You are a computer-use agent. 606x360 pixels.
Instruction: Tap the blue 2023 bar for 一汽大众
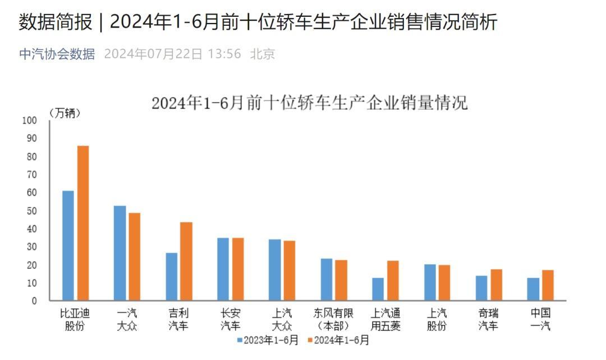pos(120,253)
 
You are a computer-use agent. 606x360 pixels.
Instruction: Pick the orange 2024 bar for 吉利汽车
pos(186,261)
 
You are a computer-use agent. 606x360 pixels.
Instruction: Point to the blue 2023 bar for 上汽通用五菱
pos(378,289)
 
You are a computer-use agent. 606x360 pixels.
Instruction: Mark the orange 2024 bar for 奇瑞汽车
pos(496,285)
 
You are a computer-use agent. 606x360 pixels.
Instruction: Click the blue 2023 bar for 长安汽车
pos(223,269)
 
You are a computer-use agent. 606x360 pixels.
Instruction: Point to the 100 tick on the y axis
pos(29,121)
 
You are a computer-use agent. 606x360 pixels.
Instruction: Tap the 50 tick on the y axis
pos(31,211)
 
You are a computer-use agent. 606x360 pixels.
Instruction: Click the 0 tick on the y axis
pos(34,301)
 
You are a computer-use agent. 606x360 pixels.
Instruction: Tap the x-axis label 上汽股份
pos(437,320)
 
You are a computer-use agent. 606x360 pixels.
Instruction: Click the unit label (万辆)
pos(65,113)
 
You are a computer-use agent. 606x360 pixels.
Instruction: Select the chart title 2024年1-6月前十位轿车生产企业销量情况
pos(309,103)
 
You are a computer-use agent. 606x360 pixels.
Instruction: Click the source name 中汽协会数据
pos(57,54)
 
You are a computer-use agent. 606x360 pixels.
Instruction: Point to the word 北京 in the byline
pos(263,54)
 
